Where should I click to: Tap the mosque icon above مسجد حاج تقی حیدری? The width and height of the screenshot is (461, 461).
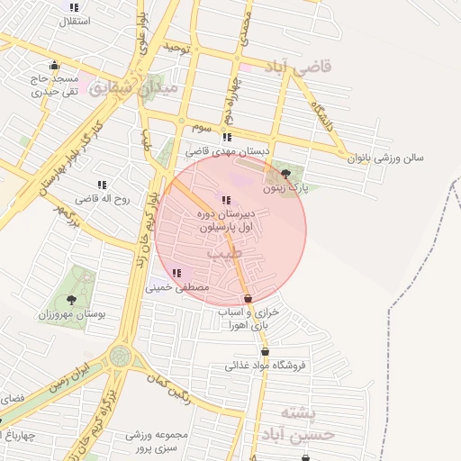tap(55, 64)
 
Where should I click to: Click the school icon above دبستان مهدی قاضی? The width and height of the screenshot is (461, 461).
tap(227, 138)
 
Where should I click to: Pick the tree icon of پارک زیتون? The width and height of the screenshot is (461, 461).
tap(286, 174)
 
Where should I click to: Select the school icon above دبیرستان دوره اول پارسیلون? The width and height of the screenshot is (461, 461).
tap(224, 200)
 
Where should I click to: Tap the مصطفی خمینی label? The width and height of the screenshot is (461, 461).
tap(178, 287)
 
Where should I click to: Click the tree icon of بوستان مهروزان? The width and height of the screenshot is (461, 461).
tap(72, 300)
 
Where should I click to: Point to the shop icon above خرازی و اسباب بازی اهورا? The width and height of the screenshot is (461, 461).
tap(248, 298)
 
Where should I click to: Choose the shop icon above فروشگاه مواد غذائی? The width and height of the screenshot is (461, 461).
tap(265, 351)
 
